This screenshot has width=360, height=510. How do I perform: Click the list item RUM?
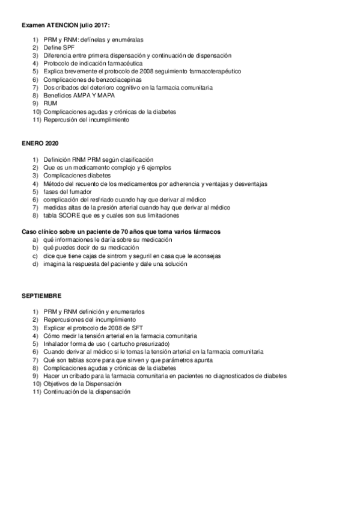pyautogui.click(x=50, y=103)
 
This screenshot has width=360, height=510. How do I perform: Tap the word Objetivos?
pyautogui.click(x=58, y=384)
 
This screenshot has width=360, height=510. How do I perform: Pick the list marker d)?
pyautogui.click(x=35, y=263)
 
